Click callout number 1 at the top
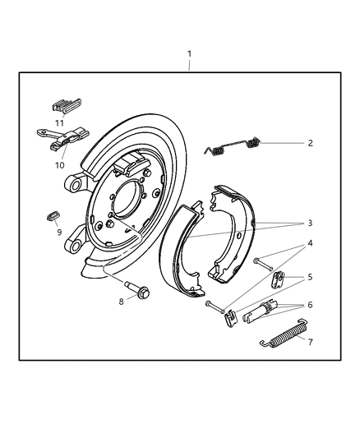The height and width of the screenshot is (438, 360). (189, 54)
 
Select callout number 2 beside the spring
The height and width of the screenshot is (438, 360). (310, 143)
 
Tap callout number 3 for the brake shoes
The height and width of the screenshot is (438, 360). (309, 223)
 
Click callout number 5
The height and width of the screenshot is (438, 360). (309, 277)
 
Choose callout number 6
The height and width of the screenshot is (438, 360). (309, 304)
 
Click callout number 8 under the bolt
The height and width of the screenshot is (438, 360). (122, 302)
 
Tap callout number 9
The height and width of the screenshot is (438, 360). (59, 232)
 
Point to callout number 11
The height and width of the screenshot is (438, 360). (59, 122)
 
